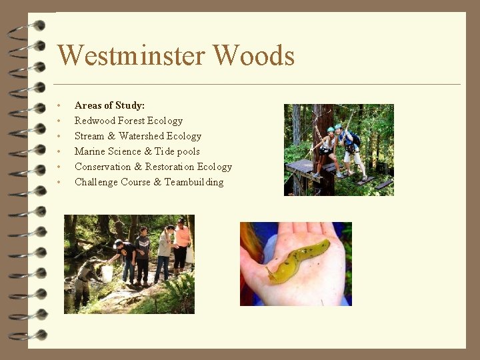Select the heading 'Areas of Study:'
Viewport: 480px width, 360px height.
pyautogui.click(x=109, y=105)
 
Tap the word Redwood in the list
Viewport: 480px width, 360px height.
pyautogui.click(x=95, y=121)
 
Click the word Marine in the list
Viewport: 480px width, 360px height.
pyautogui.click(x=90, y=151)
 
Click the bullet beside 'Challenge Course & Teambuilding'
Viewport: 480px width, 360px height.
pyautogui.click(x=60, y=182)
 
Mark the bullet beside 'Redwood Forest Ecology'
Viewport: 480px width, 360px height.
pyautogui.click(x=60, y=121)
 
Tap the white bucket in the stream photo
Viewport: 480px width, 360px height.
pyautogui.click(x=107, y=273)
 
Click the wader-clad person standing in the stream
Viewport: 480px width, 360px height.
pyautogui.click(x=84, y=283)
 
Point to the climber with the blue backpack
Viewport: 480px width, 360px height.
pyautogui.click(x=350, y=147)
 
